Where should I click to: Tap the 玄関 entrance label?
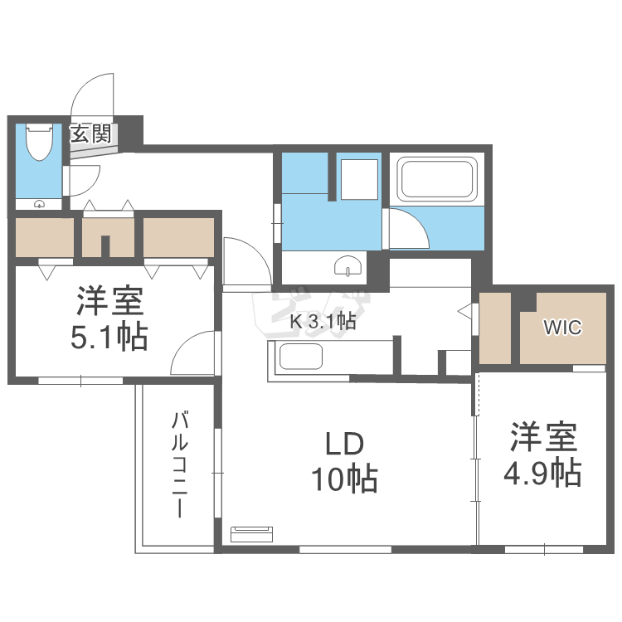coord(90,133)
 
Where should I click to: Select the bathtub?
coord(437,178)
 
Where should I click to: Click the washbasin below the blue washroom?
coord(347,265)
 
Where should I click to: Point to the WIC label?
coord(562,327)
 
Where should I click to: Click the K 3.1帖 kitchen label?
coord(323,322)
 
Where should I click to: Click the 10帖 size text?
coord(343,479)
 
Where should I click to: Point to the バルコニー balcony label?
coord(179,464)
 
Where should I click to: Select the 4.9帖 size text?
coord(542,473)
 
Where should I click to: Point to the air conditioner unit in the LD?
coord(251,533)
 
